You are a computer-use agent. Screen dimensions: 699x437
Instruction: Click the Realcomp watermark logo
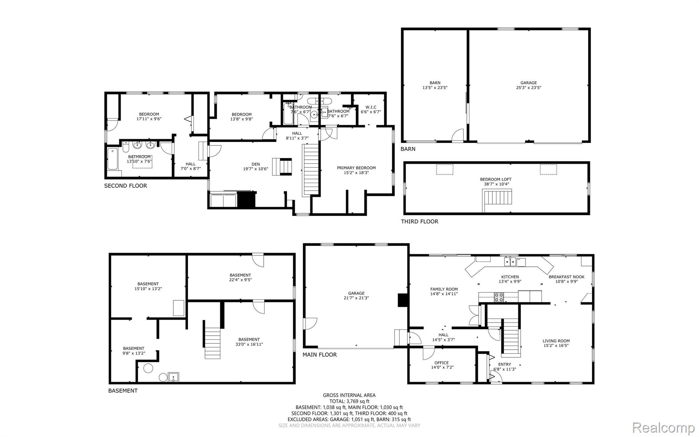click(664, 427)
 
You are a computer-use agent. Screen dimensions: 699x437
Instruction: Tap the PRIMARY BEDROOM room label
click(356, 168)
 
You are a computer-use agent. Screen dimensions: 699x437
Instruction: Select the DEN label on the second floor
click(256, 164)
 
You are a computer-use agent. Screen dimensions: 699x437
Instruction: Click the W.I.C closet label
click(371, 107)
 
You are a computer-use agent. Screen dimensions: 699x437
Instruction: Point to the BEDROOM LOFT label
click(496, 179)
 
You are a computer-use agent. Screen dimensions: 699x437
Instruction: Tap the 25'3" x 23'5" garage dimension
click(529, 87)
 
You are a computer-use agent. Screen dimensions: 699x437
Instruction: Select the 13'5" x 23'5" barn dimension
click(435, 87)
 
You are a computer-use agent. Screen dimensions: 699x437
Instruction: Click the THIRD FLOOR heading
click(419, 221)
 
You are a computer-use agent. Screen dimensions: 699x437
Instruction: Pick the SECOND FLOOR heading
click(126, 186)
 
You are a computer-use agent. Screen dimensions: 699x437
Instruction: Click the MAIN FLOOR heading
click(319, 355)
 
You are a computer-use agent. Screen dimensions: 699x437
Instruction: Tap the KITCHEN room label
click(510, 277)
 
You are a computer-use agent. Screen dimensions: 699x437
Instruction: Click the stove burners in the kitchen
click(499, 297)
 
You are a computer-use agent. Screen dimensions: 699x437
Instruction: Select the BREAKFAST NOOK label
click(567, 277)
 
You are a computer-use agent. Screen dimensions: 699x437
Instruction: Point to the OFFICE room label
click(442, 363)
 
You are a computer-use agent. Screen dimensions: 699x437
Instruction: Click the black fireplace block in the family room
click(403, 300)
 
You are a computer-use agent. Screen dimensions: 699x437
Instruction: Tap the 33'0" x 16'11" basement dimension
click(249, 344)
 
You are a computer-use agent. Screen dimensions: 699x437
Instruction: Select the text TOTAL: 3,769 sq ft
click(349, 401)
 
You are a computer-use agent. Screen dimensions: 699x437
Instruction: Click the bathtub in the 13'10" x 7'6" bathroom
click(113, 159)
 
